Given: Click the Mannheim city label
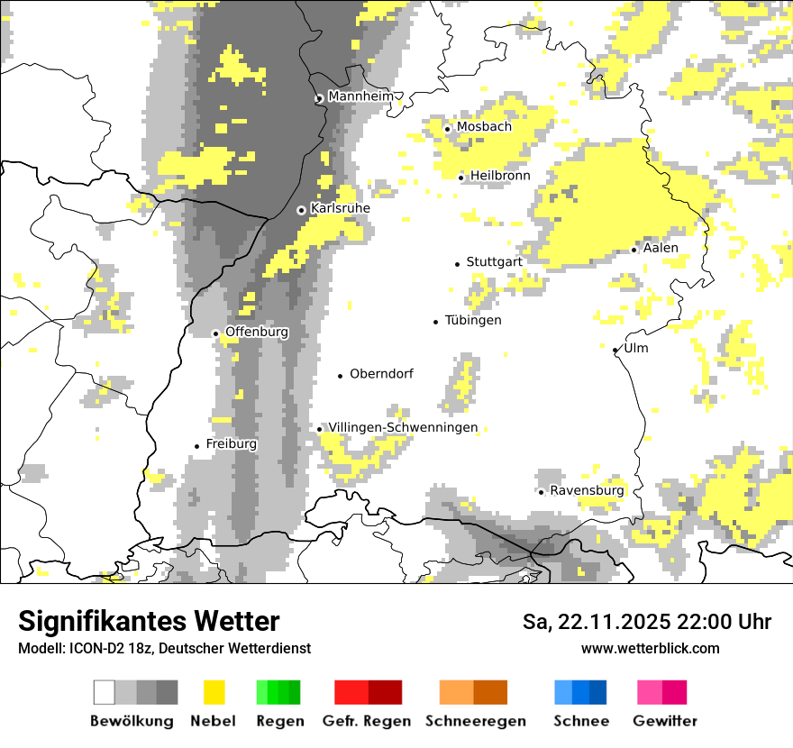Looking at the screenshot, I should pos(360,96).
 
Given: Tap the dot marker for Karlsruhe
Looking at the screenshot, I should pos(302,210).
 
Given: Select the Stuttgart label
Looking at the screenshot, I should pos(494,262).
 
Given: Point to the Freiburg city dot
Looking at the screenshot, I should pos(196,446).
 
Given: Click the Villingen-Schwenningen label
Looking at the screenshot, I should pos(403,428).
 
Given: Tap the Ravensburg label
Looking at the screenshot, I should pos(587,491).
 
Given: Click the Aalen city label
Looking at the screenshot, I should pos(661,248).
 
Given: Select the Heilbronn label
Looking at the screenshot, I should pos(500,176).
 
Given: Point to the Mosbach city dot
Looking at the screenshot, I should pos(448,129).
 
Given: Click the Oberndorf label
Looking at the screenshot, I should pos(381,374).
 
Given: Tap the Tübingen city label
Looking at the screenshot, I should pos(473,321).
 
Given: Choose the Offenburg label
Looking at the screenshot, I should pos(257,332).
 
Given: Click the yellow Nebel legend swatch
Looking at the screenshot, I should pos(214,692).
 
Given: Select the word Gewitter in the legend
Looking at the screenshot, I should pos(664,721).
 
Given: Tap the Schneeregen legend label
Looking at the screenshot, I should pos(476,721).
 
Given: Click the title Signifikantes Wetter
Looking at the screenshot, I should pos(149,622).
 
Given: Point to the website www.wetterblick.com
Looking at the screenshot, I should pos(650,648).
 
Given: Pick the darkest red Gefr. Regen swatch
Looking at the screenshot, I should pos(386,692).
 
